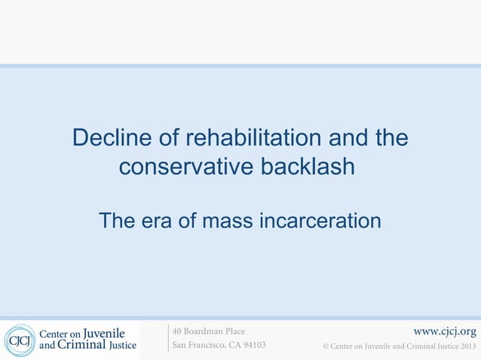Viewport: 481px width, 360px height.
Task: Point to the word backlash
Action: tap(307, 166)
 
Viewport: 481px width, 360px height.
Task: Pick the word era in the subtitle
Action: tap(160, 221)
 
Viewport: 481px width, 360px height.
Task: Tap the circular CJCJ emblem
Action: tap(19, 340)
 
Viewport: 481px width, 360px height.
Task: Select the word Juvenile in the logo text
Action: tap(104, 333)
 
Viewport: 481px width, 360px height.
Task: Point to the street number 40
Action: tap(178, 331)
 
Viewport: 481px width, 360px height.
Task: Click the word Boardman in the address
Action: tap(204, 331)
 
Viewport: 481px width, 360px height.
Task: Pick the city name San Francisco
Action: tap(200, 346)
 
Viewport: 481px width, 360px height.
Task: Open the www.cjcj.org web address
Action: tap(445, 331)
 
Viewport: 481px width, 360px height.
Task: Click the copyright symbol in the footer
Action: tap(326, 346)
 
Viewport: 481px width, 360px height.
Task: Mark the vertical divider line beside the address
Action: tap(168, 338)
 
